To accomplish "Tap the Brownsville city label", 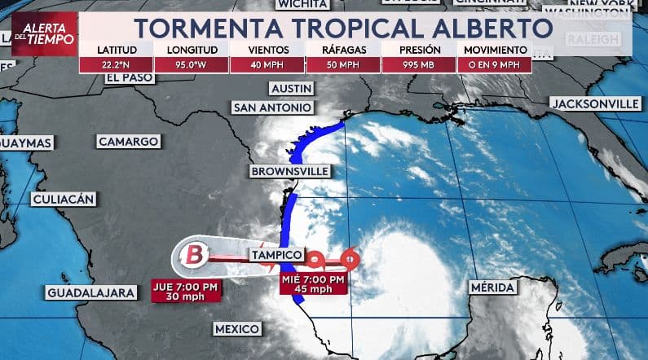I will [x=290, y=171].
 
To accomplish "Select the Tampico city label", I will [x=278, y=256].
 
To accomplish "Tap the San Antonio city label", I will [x=272, y=108].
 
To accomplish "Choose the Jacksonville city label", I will [x=596, y=103].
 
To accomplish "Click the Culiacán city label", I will [x=64, y=199].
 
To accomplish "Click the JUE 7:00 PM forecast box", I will [x=187, y=291].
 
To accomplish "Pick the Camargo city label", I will [x=128, y=142].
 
